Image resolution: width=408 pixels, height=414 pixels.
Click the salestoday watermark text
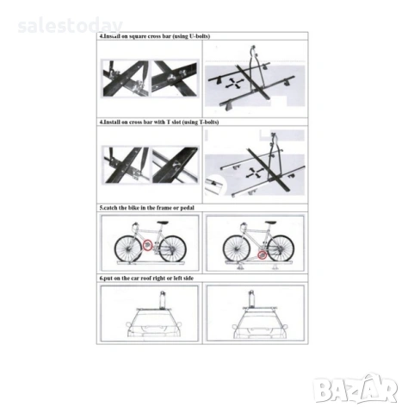coord(70,26)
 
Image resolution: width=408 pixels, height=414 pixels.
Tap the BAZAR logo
coord(355,389)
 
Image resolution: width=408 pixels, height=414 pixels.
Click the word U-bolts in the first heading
coord(200,36)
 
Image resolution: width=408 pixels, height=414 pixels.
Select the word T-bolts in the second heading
coord(209,122)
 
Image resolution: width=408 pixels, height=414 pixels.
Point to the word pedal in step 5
coord(188,208)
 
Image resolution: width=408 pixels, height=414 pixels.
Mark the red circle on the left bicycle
coord(147,245)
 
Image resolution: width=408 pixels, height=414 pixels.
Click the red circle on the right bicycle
coord(262,254)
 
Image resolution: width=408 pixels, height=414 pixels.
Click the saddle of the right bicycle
coord(270,223)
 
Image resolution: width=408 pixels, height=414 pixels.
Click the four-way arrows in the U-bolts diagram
coord(235,84)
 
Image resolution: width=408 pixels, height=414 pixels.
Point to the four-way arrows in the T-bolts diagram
coord(255,172)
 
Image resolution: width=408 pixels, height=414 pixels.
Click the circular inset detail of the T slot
coord(215,185)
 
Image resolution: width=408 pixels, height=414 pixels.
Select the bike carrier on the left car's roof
coord(163,300)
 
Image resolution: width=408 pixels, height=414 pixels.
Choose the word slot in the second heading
coord(176,122)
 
